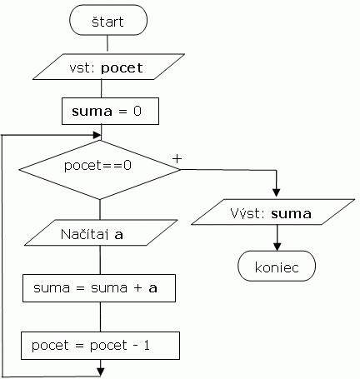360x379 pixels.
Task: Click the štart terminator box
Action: point(108,20)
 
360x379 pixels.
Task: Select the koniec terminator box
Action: point(277,266)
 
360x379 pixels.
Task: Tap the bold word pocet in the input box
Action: point(122,68)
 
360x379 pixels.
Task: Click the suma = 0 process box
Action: point(110,111)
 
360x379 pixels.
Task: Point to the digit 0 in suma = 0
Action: point(137,111)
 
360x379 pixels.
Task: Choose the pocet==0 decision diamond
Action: point(99,170)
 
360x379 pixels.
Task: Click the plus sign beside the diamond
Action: point(177,159)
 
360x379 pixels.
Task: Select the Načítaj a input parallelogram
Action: point(101,232)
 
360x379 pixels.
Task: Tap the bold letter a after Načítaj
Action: point(118,235)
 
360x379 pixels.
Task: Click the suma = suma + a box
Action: point(99,288)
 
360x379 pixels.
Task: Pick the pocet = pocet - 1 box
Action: point(100,346)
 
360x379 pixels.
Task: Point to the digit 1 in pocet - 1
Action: point(147,345)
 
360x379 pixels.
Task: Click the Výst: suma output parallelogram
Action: point(273,212)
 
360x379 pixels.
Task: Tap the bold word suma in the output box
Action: point(291,214)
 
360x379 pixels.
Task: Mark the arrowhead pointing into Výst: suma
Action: point(276,193)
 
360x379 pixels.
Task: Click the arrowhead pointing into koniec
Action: point(277,247)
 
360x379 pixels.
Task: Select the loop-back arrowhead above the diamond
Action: point(97,135)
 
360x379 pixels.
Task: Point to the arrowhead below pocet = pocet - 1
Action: point(101,372)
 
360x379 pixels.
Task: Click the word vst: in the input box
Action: point(83,68)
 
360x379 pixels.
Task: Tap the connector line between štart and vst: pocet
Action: point(107,43)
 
